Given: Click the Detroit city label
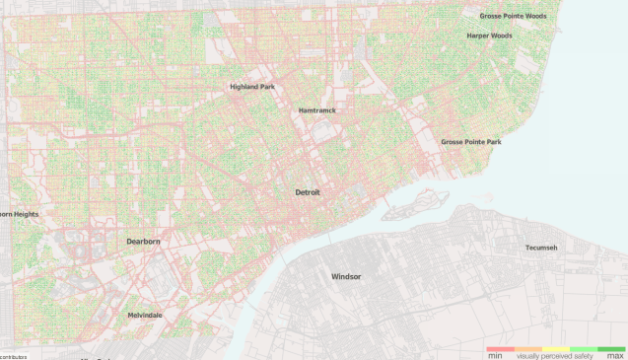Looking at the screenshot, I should tap(309, 192).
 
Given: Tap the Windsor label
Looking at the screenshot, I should tap(346, 276).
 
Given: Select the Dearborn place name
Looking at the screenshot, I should tap(143, 241).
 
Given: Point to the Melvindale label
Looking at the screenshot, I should tap(145, 316).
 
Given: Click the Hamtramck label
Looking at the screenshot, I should tap(316, 110).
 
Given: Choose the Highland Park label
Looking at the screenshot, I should tap(251, 87).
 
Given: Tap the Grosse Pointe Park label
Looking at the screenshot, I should tap(470, 142).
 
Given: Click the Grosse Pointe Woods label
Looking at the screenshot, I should tap(513, 17).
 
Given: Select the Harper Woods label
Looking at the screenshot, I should tap(489, 36).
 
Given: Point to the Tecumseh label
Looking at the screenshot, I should tap(541, 248).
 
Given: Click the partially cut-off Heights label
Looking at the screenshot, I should tap(19, 214).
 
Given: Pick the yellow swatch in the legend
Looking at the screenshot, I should tap(555, 348).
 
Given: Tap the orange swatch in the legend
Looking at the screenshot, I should tap(527, 348).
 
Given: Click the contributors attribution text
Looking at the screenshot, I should tap(13, 356).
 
